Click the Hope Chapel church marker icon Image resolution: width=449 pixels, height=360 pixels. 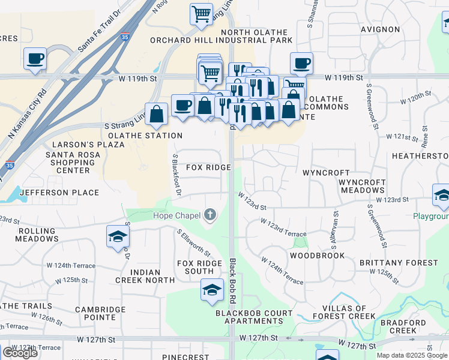[x=210, y=215]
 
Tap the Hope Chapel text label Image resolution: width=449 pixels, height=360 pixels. [x=178, y=215]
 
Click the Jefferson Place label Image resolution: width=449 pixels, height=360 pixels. [x=59, y=193]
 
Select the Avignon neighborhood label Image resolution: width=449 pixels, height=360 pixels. [x=381, y=29]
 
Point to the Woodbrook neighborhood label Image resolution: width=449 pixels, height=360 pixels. [x=317, y=256]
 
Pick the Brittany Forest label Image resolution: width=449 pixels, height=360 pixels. [x=399, y=263]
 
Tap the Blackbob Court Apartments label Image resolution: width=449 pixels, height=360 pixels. [x=254, y=317]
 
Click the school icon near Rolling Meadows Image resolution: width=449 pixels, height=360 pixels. [x=118, y=236]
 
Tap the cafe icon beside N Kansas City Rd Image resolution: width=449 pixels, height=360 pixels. [x=35, y=59]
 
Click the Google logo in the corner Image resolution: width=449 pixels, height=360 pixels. [x=20, y=353]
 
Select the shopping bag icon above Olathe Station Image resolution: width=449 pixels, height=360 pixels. [x=156, y=114]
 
